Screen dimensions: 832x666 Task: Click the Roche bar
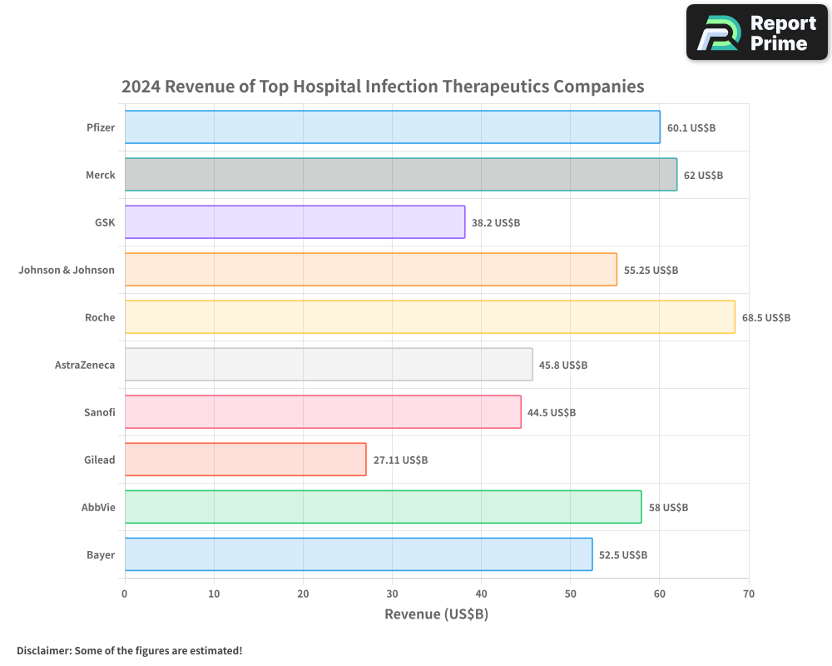[429, 317]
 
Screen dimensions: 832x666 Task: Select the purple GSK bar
[295, 222]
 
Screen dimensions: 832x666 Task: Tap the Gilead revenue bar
[245, 460]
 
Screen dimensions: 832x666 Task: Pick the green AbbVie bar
[383, 507]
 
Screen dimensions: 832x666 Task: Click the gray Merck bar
[400, 175]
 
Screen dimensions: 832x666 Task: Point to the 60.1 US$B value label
[691, 128]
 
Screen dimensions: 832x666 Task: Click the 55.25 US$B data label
[651, 271]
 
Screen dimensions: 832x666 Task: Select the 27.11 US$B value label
[400, 460]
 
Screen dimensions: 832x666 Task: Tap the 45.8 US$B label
[563, 365]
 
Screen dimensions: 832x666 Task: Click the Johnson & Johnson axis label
[67, 271]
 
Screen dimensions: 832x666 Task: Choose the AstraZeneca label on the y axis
[84, 365]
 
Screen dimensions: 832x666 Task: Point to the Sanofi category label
[99, 413]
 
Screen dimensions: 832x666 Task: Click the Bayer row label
[101, 555]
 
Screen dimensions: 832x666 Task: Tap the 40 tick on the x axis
[481, 594]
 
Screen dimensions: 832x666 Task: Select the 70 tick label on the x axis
[749, 594]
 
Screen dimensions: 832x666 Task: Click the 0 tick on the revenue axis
[125, 594]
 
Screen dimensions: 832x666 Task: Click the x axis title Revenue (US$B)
[436, 614]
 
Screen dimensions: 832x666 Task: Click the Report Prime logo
[757, 32]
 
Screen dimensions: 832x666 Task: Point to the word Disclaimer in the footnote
[42, 650]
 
